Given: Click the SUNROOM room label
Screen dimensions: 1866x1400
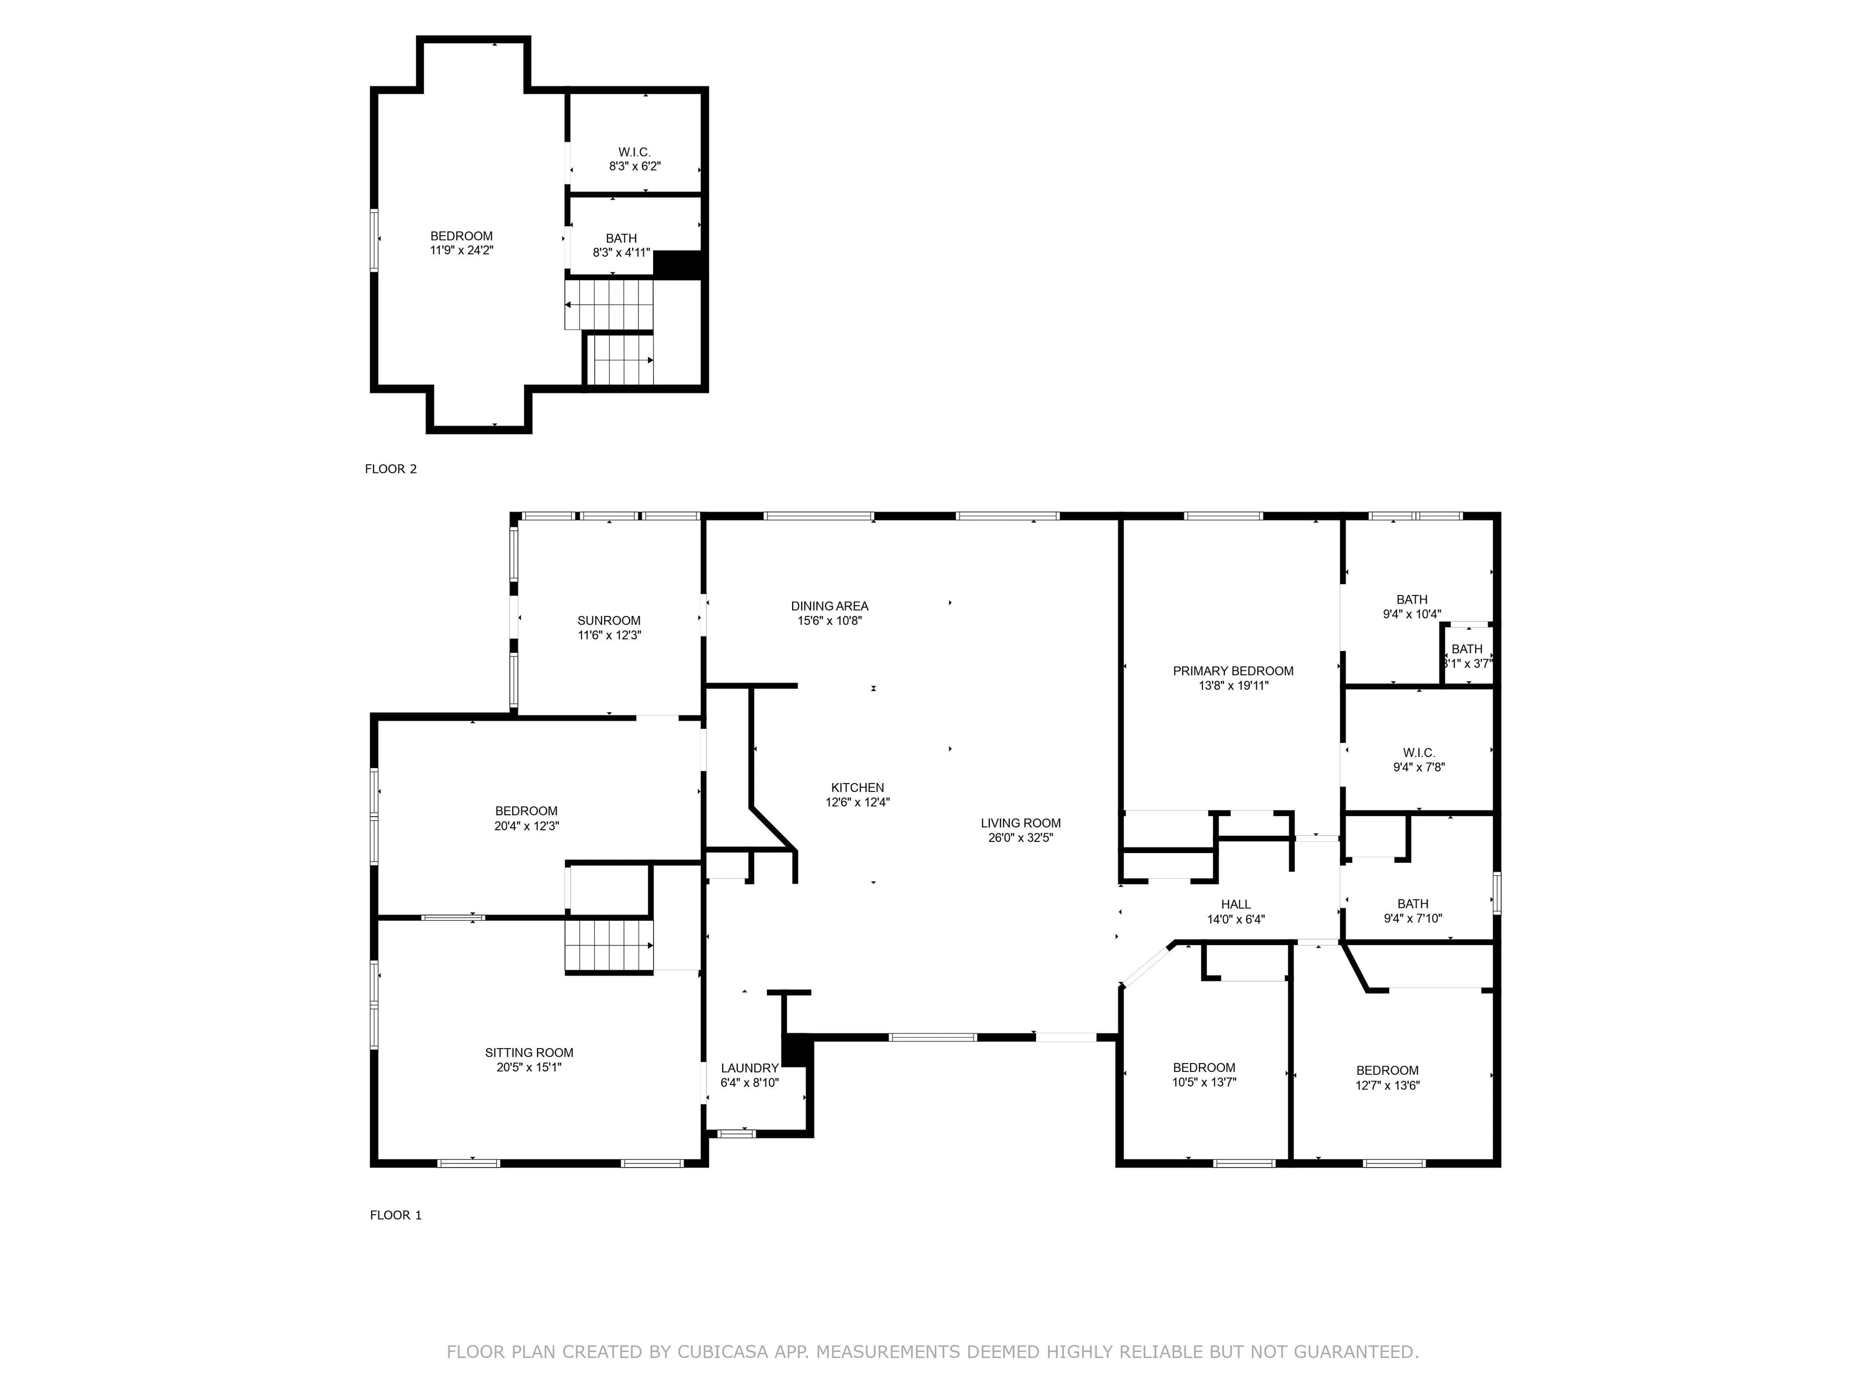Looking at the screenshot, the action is (609, 620).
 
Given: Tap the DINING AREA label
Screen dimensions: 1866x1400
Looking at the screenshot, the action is (829, 606).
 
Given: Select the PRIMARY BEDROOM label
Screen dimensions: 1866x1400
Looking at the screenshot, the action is (1232, 671).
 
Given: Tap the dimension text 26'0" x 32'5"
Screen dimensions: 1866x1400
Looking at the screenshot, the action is (1021, 838).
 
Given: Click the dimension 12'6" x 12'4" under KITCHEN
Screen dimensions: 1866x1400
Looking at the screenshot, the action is (857, 803).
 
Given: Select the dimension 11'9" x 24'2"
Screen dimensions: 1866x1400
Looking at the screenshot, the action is (462, 251).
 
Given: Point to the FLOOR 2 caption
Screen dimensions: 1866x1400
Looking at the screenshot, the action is (391, 469).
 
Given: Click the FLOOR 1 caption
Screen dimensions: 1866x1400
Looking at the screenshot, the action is (396, 1215).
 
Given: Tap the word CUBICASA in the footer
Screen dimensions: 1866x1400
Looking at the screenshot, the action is (723, 1352).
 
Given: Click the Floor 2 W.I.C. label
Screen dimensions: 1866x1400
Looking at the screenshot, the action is (634, 152).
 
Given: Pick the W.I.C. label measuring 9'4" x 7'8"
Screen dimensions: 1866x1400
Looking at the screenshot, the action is (1419, 752).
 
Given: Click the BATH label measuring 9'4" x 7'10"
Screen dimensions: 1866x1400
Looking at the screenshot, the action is (1413, 904).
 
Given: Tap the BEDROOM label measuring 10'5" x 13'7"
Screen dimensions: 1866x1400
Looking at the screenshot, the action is (1204, 1067).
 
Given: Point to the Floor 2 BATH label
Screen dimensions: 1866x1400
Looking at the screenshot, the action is (621, 239).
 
